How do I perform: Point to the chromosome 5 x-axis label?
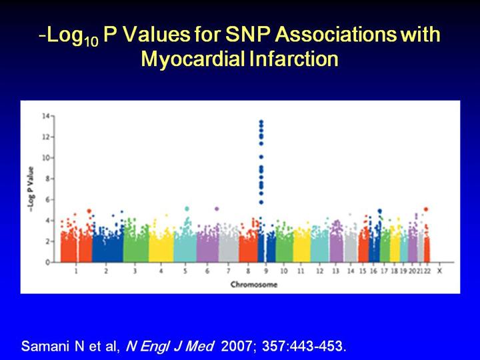coord(186,273)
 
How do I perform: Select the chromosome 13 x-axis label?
coord(335,273)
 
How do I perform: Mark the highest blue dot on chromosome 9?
coord(261,122)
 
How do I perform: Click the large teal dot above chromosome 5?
coord(187,209)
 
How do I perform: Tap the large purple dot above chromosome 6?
coord(217,209)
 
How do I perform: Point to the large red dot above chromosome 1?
coord(89,211)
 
